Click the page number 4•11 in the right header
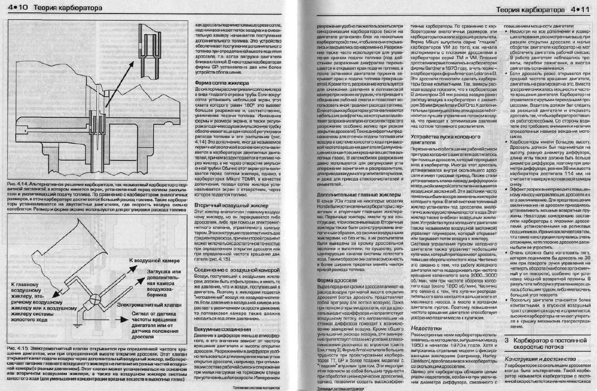click(x=579, y=9)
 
